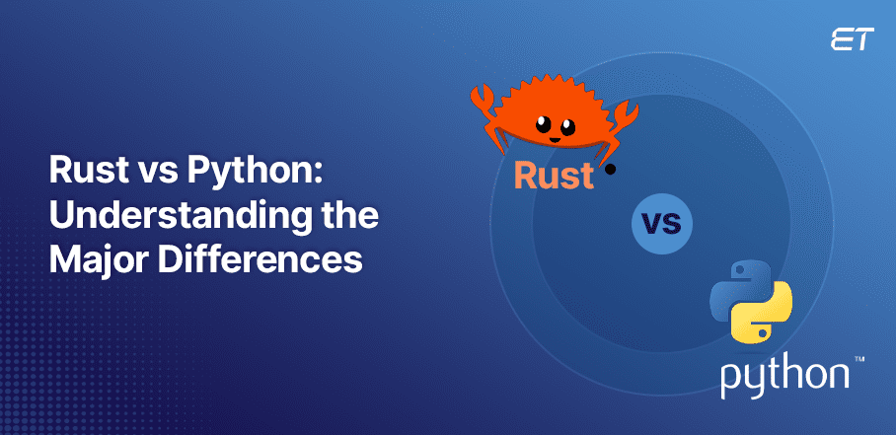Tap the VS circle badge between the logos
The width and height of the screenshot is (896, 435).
(661, 226)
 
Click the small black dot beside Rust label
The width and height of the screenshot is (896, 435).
(610, 170)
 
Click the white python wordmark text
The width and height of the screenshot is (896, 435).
(784, 377)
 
